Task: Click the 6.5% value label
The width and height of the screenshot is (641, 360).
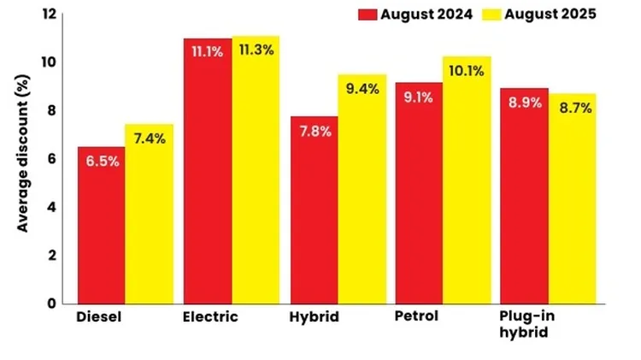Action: [x=101, y=160]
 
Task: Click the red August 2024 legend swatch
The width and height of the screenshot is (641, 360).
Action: [x=368, y=15]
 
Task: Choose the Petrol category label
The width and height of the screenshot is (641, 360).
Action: [x=417, y=316]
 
